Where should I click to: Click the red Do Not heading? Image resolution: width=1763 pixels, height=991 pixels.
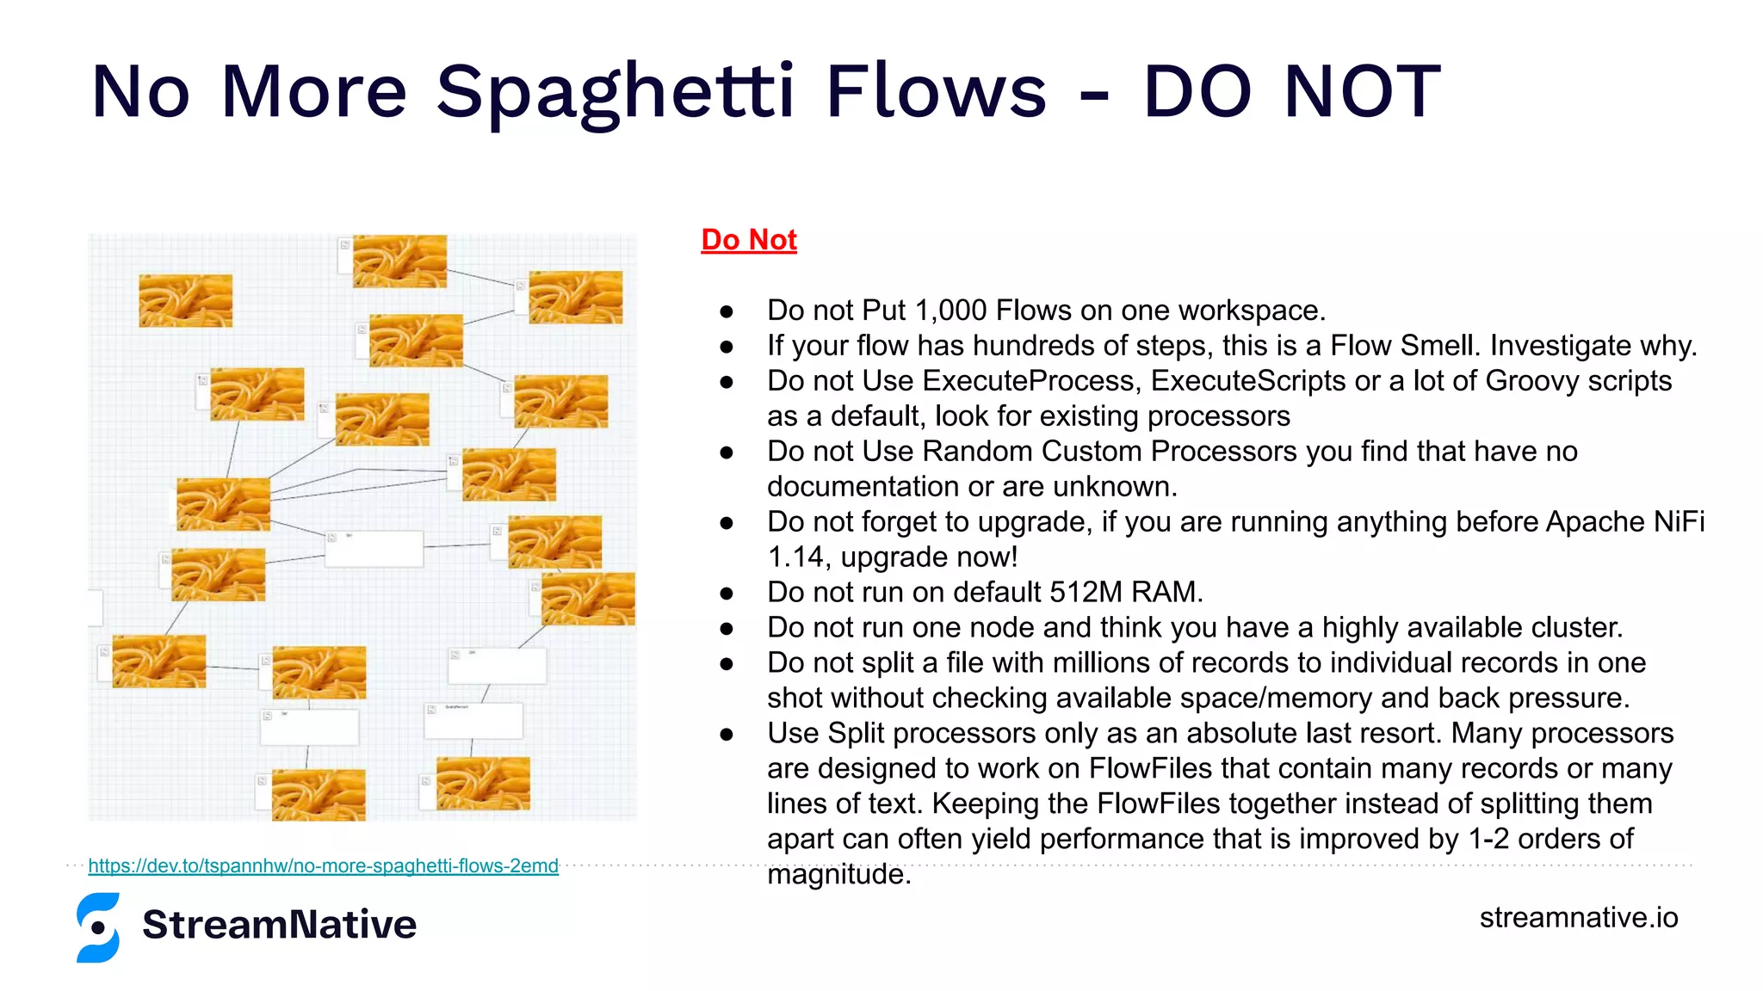(748, 240)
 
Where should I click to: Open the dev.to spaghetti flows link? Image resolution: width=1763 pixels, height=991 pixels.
(323, 865)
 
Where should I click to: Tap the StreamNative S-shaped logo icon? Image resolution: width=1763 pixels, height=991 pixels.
(98, 927)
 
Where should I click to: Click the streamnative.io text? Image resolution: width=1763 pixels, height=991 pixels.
(1578, 917)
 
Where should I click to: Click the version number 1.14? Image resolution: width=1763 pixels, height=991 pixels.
(799, 557)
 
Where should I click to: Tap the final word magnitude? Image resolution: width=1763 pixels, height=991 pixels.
(837, 875)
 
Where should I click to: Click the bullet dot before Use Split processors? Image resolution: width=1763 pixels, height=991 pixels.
(727, 735)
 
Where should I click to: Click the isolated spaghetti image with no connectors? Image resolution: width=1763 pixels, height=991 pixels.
(185, 300)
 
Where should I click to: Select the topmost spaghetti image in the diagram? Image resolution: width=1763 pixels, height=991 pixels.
(399, 261)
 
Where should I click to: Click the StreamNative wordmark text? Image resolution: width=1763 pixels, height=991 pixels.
(279, 925)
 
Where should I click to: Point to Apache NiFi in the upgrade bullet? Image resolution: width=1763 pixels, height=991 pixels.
(1624, 522)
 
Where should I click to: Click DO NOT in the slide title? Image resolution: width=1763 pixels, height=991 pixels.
(1291, 93)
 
